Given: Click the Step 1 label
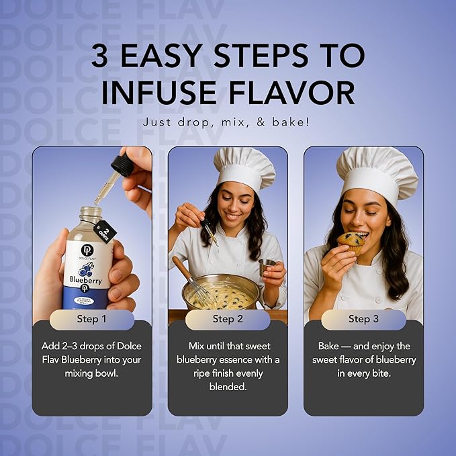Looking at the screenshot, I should tap(91, 319).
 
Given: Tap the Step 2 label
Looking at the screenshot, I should tap(228, 319).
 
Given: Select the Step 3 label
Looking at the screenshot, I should tap(363, 319).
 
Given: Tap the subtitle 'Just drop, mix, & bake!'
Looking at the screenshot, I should tap(228, 123).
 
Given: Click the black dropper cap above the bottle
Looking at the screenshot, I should tap(122, 165).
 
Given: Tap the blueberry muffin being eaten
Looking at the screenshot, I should tap(350, 241).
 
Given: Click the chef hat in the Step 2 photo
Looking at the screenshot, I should tap(244, 167).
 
